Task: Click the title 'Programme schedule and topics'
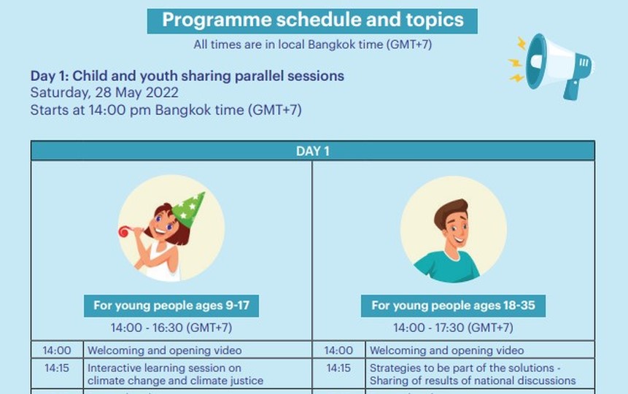pos(312,20)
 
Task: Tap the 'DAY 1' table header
pos(312,151)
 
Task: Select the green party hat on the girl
pos(188,209)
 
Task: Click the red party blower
pos(125,231)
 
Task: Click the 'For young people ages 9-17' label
pos(171,306)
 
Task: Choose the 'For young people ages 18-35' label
pos(453,306)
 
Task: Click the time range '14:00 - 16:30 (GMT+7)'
pos(171,328)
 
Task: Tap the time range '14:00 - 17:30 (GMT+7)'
pos(453,328)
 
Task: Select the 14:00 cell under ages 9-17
pos(57,350)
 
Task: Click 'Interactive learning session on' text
pos(164,368)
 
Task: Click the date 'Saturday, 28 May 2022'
pos(104,93)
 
